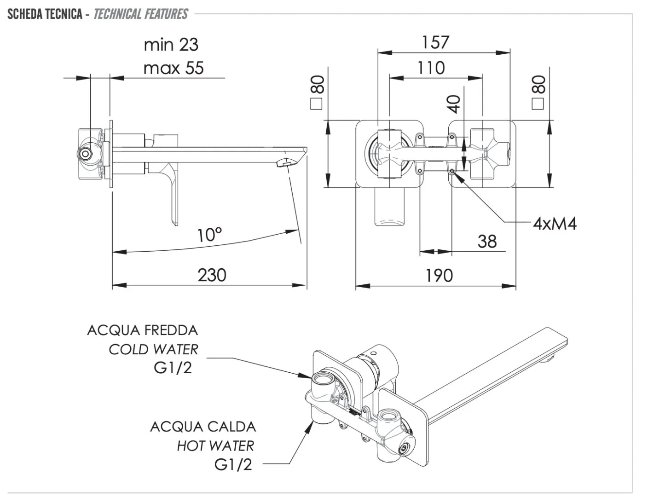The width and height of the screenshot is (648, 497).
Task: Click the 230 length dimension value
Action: [x=212, y=275]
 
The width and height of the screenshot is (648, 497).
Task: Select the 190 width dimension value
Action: [x=439, y=276]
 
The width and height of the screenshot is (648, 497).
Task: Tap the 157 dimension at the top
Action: [x=435, y=42]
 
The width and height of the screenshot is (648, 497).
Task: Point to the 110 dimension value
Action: [x=431, y=68]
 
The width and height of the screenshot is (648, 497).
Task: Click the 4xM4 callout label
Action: [x=555, y=224]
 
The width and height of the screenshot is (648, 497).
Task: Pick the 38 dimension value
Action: [x=487, y=241]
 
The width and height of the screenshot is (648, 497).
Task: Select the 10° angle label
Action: [x=209, y=235]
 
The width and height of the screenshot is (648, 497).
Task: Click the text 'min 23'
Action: [x=171, y=45]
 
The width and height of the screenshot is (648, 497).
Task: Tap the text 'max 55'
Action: [x=174, y=68]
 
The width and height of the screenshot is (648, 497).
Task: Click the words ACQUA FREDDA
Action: [x=142, y=330]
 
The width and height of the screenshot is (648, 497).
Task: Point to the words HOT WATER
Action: [x=215, y=445]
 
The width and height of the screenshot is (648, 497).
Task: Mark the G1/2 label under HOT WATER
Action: [x=233, y=465]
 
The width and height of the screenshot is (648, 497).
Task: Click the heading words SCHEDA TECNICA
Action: [x=45, y=14]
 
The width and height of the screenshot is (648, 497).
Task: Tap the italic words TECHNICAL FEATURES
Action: [x=141, y=14]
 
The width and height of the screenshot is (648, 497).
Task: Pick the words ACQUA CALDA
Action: [x=203, y=427]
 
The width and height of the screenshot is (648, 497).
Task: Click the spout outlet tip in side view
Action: [x=285, y=163]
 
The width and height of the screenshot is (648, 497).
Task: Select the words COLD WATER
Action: [x=153, y=349]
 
